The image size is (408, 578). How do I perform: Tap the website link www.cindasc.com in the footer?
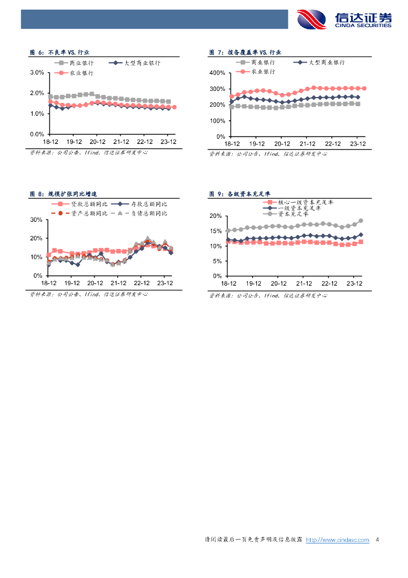click(337, 540)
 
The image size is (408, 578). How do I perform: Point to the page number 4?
click(376, 540)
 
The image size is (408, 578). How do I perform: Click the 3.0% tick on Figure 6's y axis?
click(37, 73)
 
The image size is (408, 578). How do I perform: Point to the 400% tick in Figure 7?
click(217, 73)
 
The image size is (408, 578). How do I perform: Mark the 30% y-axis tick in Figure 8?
click(36, 220)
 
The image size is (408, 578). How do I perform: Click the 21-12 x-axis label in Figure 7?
click(307, 143)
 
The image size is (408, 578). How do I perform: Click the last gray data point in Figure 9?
click(361, 221)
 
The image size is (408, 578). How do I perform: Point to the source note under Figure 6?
click(88, 152)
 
